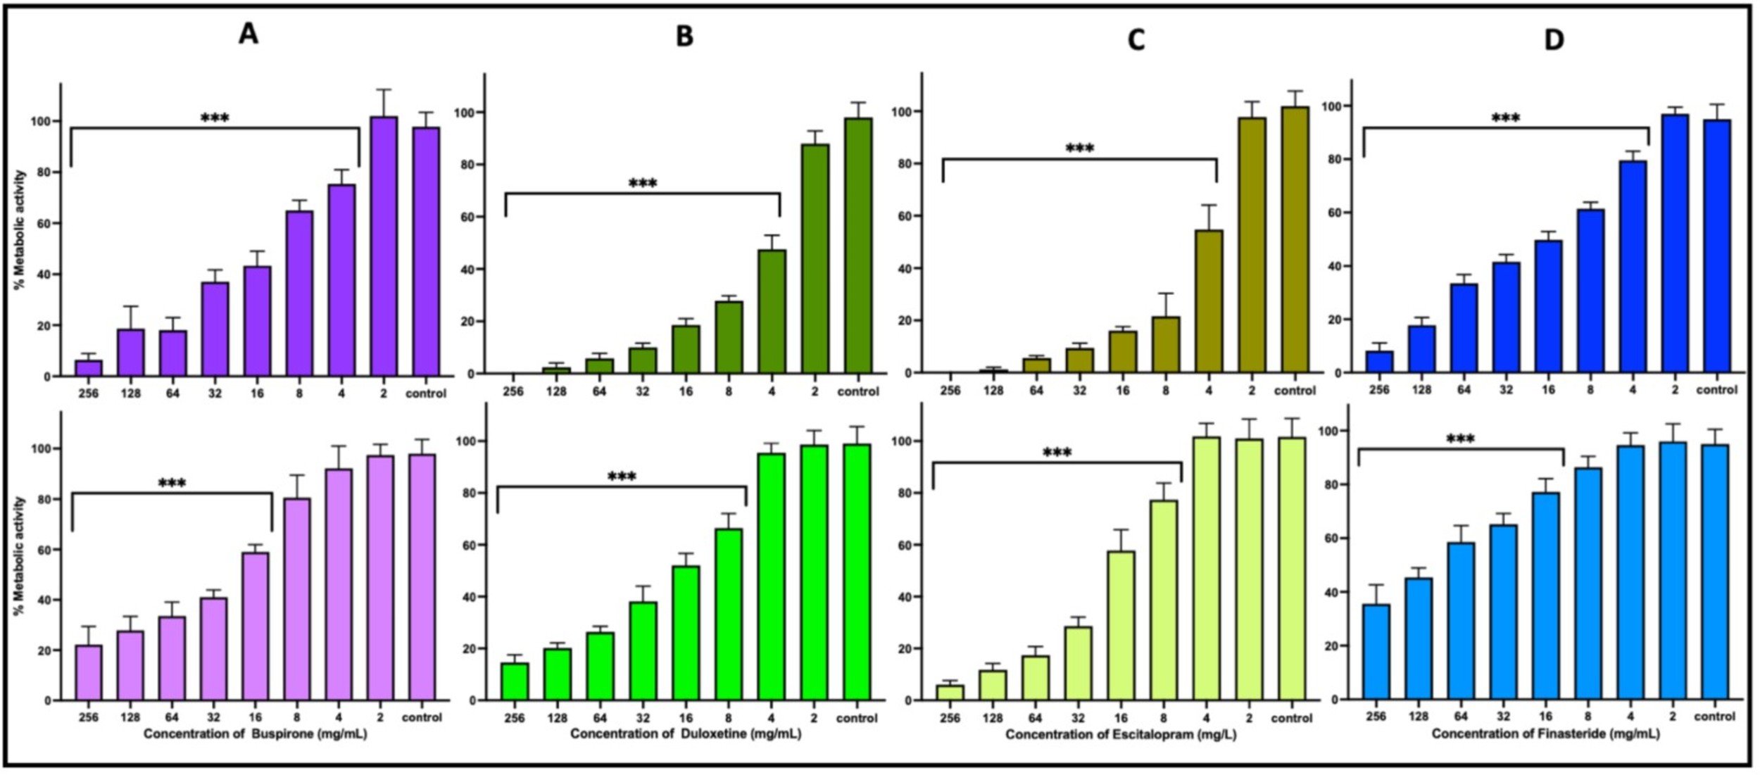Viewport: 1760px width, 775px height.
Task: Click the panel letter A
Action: pyautogui.click(x=248, y=33)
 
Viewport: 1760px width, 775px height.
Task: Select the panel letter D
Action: pyautogui.click(x=1554, y=39)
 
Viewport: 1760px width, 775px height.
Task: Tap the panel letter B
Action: pyautogui.click(x=684, y=36)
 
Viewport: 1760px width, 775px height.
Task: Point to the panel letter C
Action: pyautogui.click(x=1136, y=39)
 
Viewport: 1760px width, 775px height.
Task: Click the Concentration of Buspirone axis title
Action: pyautogui.click(x=255, y=734)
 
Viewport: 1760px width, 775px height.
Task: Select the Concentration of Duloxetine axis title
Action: pyautogui.click(x=685, y=734)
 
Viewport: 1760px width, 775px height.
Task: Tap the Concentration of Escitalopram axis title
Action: pyautogui.click(x=1120, y=735)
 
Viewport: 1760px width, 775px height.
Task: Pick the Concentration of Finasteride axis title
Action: pyautogui.click(x=1545, y=733)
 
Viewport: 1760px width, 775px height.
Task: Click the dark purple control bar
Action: pyautogui.click(x=425, y=251)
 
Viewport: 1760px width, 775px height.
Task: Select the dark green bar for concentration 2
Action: pyautogui.click(x=815, y=258)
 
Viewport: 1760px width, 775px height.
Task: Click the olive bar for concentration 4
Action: pyautogui.click(x=1209, y=301)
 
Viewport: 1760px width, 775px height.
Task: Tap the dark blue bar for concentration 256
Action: pyautogui.click(x=1378, y=362)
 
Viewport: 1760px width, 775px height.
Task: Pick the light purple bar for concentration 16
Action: pyautogui.click(x=255, y=626)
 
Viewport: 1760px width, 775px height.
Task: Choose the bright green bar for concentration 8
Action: pyautogui.click(x=728, y=615)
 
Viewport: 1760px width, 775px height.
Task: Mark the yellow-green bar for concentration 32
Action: pyautogui.click(x=1078, y=663)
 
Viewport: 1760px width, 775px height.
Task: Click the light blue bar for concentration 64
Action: pyautogui.click(x=1461, y=621)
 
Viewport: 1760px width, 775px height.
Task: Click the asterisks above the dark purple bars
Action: pyautogui.click(x=215, y=118)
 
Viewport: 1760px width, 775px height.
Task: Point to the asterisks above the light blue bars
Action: pyautogui.click(x=1460, y=439)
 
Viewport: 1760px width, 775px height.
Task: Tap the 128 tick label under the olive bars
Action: pyautogui.click(x=993, y=391)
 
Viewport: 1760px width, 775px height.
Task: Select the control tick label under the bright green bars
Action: pyautogui.click(x=856, y=718)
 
